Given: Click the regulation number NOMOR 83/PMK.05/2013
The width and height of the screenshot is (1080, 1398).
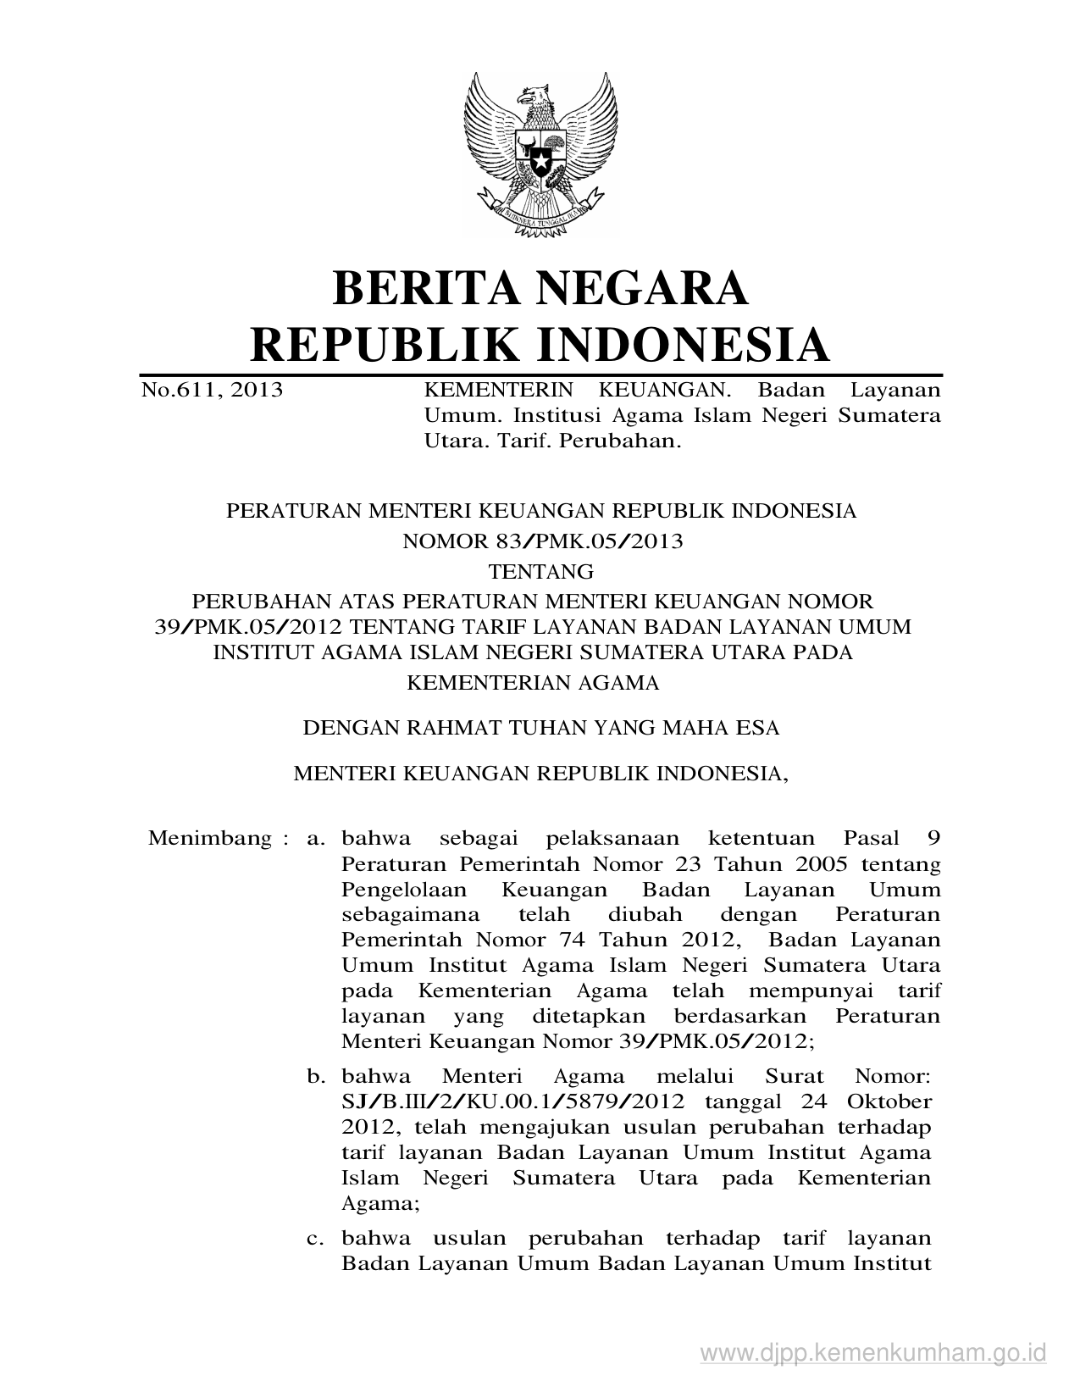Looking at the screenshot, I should tap(542, 541).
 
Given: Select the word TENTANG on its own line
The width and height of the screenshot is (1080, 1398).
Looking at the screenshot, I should tap(541, 570).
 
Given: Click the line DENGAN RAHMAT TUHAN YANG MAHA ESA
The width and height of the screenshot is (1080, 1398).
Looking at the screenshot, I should tap(541, 728).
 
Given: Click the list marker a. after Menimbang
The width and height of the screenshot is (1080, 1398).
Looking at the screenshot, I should tap(316, 839).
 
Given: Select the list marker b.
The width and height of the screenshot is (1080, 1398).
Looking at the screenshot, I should tap(316, 1077).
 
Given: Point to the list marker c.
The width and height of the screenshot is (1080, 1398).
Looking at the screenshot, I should tap(316, 1239).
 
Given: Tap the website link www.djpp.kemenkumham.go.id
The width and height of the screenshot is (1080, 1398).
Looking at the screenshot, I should tap(873, 1352).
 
